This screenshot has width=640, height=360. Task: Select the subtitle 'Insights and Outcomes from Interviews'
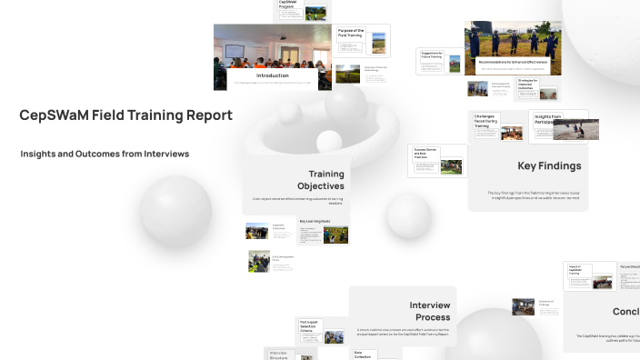(105, 155)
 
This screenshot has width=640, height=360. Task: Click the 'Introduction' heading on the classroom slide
(273, 75)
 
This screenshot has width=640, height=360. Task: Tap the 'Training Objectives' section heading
(325, 180)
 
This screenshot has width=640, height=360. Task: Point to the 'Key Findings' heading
(549, 166)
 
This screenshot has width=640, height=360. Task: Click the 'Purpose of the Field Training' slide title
(351, 34)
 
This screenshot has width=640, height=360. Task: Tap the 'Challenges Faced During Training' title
(486, 121)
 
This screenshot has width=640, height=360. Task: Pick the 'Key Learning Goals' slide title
(315, 221)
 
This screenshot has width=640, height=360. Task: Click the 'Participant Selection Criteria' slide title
(309, 325)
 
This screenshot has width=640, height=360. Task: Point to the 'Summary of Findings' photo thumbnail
(523, 306)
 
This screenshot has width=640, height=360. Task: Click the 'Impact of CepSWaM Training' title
(577, 271)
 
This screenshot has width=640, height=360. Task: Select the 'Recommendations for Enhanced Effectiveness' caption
(512, 62)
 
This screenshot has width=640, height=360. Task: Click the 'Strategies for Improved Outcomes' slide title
(529, 85)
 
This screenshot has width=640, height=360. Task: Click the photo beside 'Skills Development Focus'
(259, 261)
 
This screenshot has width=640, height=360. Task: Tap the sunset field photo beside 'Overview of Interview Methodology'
(347, 74)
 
